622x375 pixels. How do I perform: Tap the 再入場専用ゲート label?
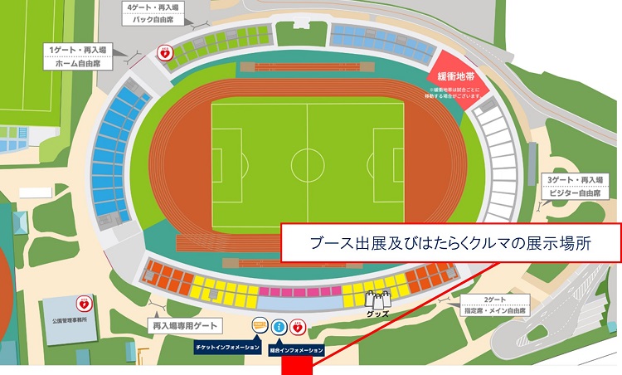(x=182, y=326)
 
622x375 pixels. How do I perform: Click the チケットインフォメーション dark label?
(x=227, y=346)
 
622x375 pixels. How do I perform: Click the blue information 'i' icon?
(x=279, y=327)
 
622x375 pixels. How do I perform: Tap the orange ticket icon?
(x=260, y=326)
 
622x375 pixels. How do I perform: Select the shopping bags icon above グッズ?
(x=377, y=301)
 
